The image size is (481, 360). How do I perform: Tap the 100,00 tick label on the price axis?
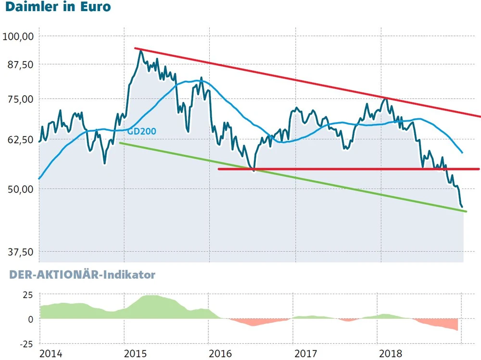coord(18,36)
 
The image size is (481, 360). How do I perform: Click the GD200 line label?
coord(142,131)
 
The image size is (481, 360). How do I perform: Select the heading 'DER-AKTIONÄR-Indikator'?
coord(79,275)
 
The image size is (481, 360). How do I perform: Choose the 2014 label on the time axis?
coord(51,354)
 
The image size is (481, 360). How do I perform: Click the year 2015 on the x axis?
coord(135,354)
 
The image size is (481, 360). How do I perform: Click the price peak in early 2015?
coord(140,50)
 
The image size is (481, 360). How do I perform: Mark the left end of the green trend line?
coord(120,143)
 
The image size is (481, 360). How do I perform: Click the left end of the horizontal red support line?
coord(219,169)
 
